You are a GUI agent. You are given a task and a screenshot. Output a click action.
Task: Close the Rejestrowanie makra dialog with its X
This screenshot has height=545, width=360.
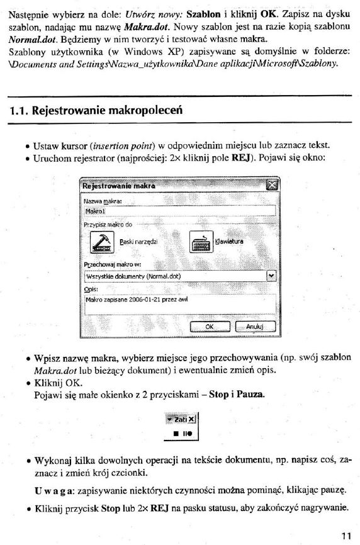pyautogui.click(x=271, y=185)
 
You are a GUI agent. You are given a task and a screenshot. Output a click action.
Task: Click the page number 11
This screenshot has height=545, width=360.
pyautogui.click(x=345, y=536)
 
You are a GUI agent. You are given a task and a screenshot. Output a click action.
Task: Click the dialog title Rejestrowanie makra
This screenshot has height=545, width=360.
pyautogui.click(x=120, y=186)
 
